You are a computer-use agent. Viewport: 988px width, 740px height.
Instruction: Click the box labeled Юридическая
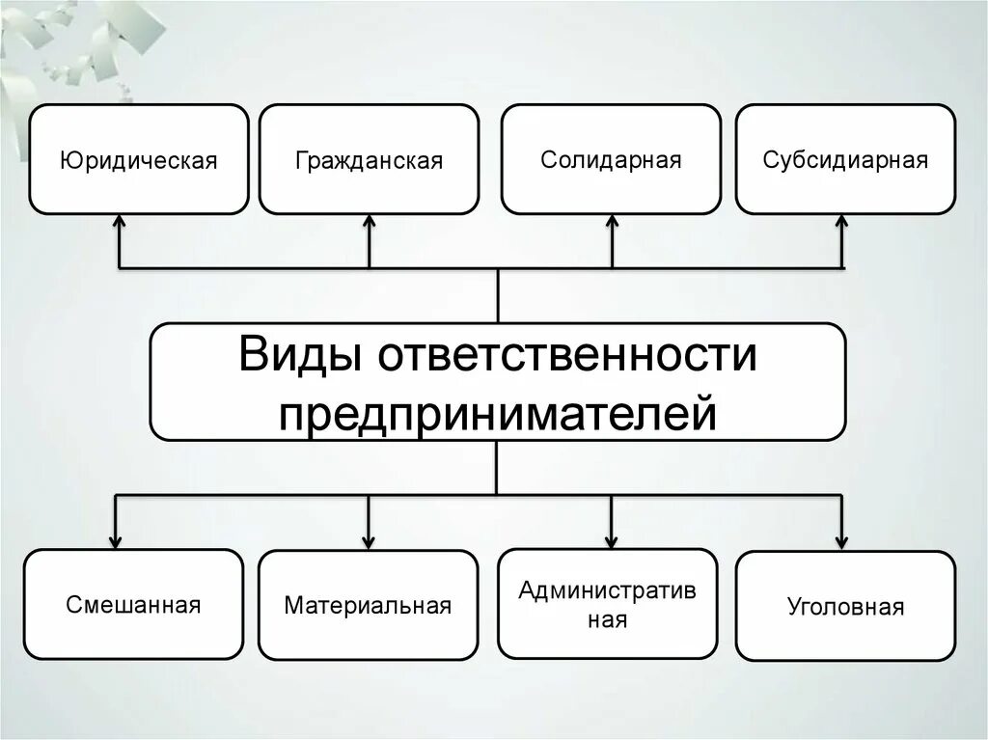point(139,159)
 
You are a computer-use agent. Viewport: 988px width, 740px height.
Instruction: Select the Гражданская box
point(369,159)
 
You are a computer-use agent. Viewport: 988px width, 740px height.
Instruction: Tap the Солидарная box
point(611,159)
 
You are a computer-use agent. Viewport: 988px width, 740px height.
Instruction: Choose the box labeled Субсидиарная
point(845,159)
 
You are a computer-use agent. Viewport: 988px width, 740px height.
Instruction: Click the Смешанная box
point(133,605)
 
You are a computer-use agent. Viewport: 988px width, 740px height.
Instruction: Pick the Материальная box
point(368,605)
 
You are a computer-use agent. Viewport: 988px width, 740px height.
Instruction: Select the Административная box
point(608,604)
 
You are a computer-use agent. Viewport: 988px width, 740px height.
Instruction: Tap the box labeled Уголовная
point(845,607)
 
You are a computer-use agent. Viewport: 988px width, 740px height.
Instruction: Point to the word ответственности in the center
point(567,355)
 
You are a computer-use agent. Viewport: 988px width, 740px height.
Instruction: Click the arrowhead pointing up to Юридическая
point(119,222)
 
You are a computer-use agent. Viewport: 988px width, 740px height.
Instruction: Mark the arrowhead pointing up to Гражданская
point(369,222)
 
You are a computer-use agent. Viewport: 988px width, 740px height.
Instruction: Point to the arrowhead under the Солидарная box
point(612,222)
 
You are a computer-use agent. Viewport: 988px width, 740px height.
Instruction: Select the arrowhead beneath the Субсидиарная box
point(842,222)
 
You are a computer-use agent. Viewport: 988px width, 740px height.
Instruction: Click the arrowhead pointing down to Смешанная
point(116,540)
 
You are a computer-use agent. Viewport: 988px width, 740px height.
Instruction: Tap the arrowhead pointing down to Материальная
point(369,540)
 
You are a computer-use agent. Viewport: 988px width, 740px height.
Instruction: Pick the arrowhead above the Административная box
point(610,540)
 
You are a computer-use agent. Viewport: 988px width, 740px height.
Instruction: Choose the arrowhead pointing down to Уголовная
point(842,540)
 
